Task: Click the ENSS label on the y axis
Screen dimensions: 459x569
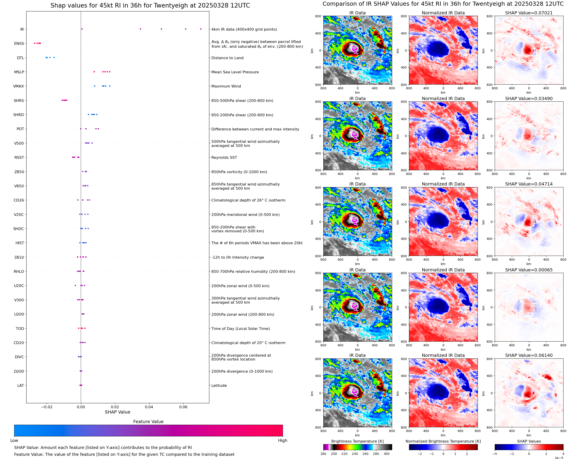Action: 19,43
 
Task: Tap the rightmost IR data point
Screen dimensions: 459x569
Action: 201,29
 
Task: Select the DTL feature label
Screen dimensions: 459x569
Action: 20,58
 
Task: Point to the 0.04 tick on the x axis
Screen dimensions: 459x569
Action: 149,407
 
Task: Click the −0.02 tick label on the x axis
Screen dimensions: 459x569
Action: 47,407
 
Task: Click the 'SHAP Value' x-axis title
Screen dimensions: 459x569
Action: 117,412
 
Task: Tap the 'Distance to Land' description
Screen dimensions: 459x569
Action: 227,58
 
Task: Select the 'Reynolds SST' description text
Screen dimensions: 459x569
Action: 224,158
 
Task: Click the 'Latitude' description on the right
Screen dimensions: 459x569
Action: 219,385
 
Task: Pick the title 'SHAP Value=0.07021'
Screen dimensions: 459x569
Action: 529,13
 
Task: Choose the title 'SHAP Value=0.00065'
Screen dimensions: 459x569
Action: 529,270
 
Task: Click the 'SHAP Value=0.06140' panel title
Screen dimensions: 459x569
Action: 529,355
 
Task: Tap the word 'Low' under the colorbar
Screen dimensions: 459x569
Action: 14,440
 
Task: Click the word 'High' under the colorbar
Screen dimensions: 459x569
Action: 282,440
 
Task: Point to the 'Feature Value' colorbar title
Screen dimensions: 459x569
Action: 148,422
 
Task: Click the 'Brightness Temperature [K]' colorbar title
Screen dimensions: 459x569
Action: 357,441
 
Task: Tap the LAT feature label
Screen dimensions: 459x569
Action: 21,385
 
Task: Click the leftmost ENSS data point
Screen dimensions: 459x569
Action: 34,43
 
